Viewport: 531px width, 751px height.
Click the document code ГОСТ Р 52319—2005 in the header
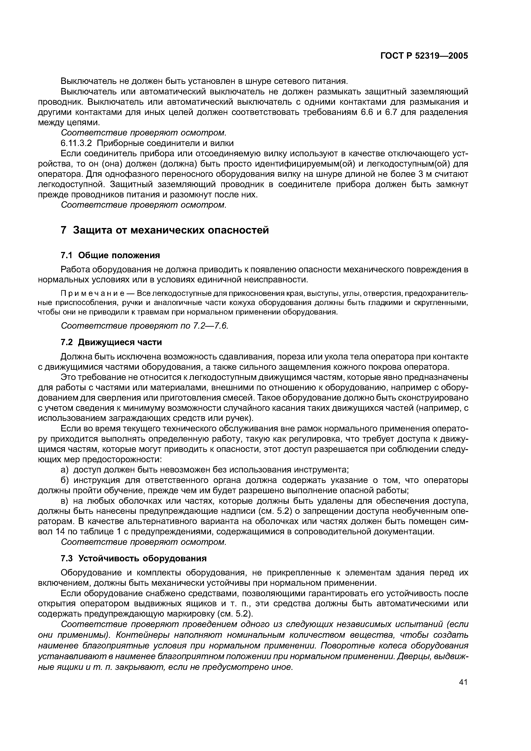(424, 56)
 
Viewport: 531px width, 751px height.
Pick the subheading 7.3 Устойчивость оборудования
(134, 558)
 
